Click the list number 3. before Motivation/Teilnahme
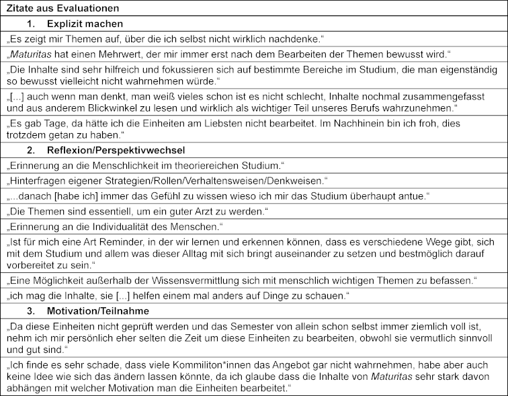31,310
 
